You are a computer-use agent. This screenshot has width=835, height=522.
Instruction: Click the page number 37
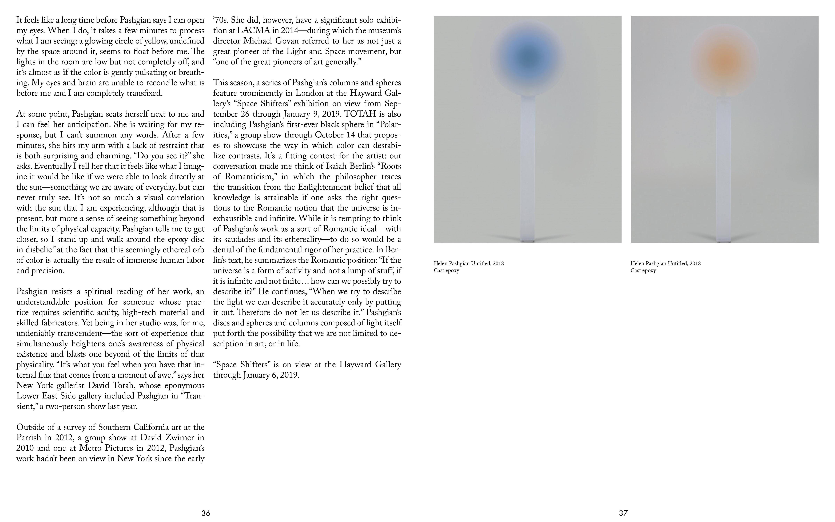point(623,513)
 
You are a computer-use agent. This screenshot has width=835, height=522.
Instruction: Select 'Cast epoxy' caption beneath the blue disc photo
point(447,270)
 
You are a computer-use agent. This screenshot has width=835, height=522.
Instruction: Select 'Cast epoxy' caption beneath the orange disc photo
point(643,270)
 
